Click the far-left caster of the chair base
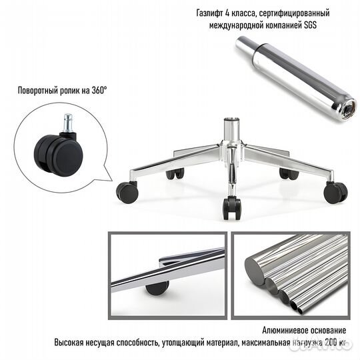pyautogui.click(x=127, y=192)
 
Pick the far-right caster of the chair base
pyautogui.click(x=335, y=193)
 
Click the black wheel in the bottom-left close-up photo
pyautogui.click(x=158, y=287)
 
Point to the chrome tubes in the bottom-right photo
pyautogui.click(x=293, y=273)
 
